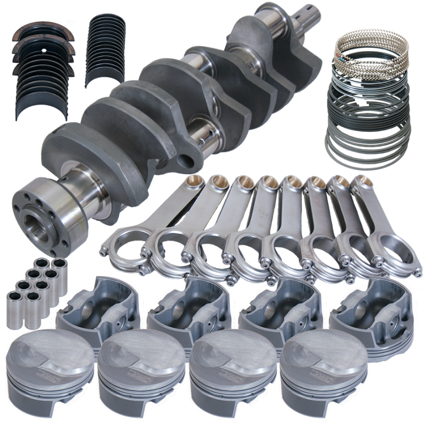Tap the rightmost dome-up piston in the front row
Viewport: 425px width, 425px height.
pos(319,367)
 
